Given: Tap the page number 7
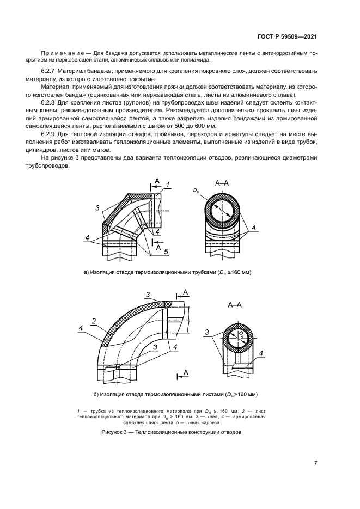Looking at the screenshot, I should coord(315,463).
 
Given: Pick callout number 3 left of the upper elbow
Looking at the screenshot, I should coord(97,207).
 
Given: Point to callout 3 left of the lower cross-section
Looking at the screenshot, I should coord(206,332).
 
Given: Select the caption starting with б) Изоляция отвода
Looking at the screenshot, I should coord(168,394).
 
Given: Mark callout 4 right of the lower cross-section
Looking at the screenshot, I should coord(261,354).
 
